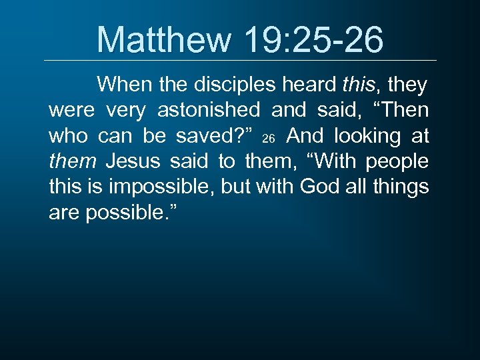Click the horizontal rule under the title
(240, 61)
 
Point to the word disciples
(233, 85)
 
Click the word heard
(311, 85)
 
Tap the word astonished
(209, 111)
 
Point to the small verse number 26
(269, 139)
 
